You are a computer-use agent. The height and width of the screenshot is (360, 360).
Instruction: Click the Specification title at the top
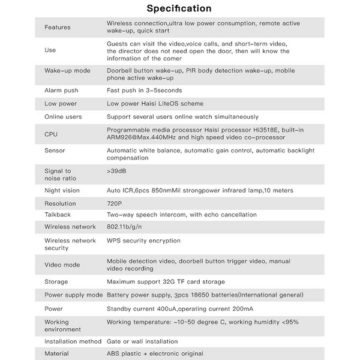[179, 8]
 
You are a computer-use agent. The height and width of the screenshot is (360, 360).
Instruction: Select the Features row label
[57, 27]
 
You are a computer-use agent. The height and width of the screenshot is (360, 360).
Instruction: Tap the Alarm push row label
[61, 90]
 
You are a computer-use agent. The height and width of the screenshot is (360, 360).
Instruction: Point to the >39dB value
[116, 171]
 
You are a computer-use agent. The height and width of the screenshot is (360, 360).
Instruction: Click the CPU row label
[52, 133]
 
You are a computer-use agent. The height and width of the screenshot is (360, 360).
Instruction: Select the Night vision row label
[62, 190]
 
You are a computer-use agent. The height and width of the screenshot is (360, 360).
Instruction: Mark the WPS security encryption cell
[143, 241]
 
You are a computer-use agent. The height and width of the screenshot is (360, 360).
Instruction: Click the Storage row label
[56, 281]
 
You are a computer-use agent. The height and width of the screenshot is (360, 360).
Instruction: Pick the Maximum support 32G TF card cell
[166, 281]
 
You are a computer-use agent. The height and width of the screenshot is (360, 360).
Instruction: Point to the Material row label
[56, 353]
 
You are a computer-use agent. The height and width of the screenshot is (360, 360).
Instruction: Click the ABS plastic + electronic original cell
[155, 353]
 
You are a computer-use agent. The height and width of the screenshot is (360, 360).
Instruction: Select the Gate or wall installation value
[142, 341]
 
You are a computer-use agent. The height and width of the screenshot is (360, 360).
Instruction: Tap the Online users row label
[63, 116]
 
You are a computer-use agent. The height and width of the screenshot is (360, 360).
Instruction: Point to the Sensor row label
[55, 150]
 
